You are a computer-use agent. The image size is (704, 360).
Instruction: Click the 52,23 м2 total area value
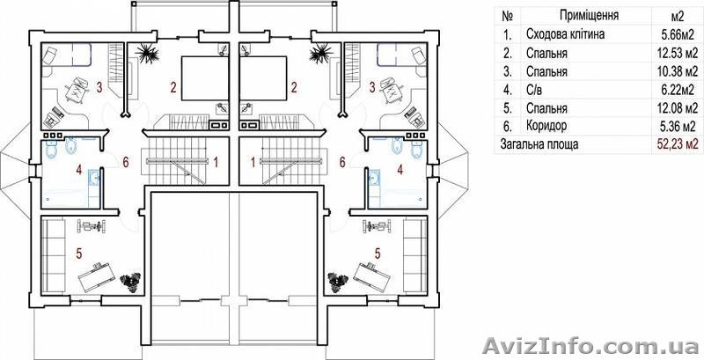(678, 144)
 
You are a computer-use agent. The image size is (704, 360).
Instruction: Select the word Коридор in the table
(546, 126)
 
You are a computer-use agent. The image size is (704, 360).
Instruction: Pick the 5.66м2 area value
(677, 34)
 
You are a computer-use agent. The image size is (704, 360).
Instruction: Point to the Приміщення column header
(589, 16)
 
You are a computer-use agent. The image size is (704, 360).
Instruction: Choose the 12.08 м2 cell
(677, 107)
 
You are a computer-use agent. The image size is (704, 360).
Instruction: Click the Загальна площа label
(536, 144)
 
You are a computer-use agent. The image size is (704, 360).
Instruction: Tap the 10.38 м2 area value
(677, 71)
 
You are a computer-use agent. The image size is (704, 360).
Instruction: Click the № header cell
(508, 16)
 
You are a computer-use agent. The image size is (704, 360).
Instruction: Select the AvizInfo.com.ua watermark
(591, 346)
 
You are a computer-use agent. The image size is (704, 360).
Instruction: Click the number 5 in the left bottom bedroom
(79, 253)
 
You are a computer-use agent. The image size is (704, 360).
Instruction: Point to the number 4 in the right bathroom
(400, 170)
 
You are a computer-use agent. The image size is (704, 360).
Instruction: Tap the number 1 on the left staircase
(216, 162)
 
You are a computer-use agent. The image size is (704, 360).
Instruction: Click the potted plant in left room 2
(148, 53)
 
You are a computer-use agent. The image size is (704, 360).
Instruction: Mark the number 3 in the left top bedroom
(99, 86)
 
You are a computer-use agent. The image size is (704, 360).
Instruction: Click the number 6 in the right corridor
(342, 162)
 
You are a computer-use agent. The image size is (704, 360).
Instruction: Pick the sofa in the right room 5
(414, 255)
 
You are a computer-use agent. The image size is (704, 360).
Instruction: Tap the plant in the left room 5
(131, 283)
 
